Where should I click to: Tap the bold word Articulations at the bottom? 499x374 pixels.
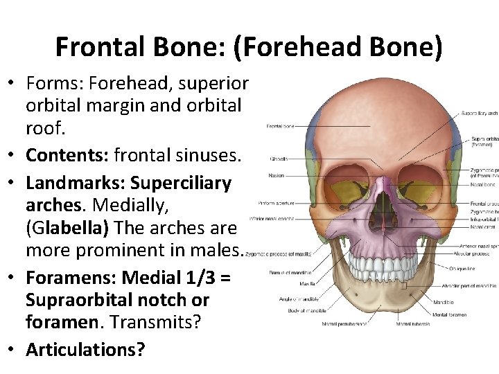[x=85, y=349]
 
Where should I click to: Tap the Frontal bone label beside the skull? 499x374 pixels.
[x=280, y=126]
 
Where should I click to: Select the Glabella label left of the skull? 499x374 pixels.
[x=279, y=159]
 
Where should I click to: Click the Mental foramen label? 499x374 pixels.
[x=468, y=314]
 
